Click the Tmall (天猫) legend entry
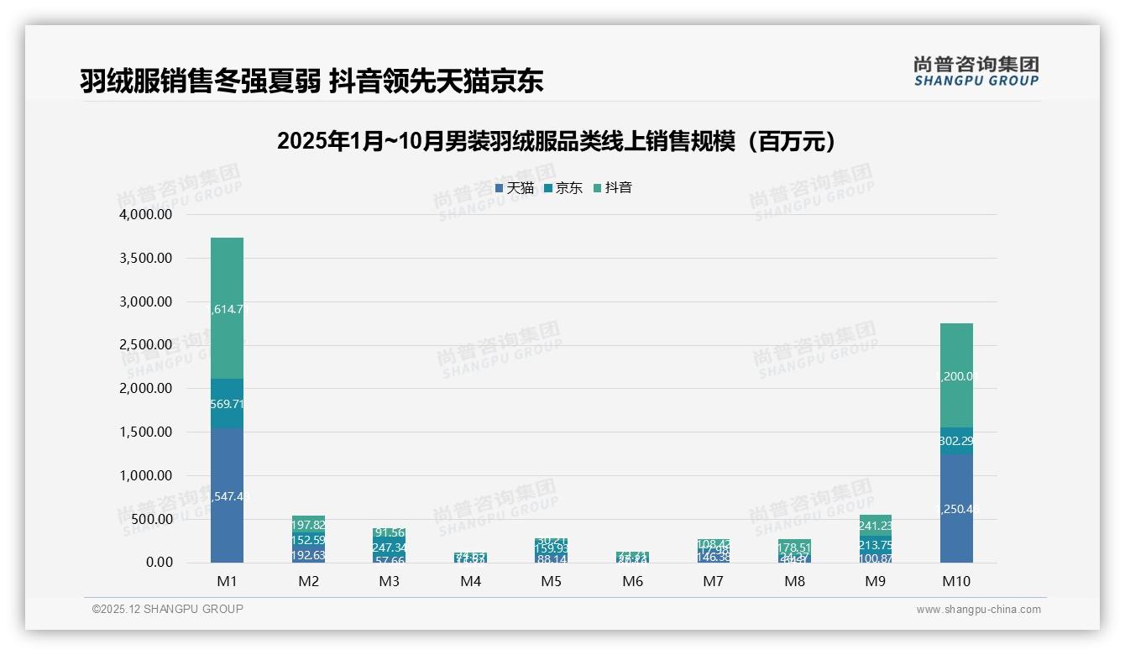[514, 188]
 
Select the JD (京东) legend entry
[562, 188]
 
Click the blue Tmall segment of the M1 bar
[227, 495]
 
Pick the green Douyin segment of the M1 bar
[227, 308]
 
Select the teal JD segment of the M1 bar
[227, 404]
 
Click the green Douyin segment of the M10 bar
[956, 375]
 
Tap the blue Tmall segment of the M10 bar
[956, 508]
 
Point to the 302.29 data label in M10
[956, 441]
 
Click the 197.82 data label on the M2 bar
[309, 525]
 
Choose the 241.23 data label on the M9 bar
[875, 527]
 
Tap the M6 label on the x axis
[634, 581]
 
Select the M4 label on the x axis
[471, 581]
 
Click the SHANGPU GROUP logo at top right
[976, 71]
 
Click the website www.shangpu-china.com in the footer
[978, 610]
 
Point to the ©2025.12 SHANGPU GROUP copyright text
[168, 610]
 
